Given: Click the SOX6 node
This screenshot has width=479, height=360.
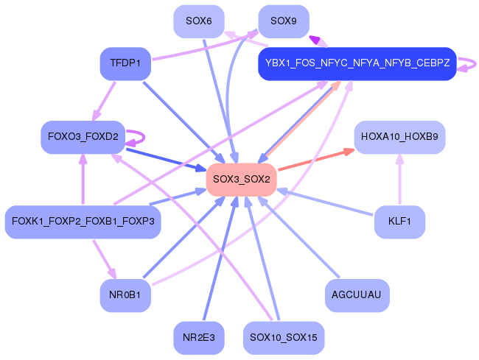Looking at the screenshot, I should [199, 21].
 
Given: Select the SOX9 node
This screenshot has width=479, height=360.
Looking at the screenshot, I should [284, 21].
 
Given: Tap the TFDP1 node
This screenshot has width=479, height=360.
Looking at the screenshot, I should [125, 63].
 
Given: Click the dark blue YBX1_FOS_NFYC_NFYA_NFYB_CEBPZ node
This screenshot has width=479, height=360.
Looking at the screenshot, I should [357, 64].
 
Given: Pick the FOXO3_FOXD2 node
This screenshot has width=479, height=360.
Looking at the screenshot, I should [83, 137].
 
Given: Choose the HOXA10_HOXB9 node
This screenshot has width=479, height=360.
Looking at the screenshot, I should [399, 137].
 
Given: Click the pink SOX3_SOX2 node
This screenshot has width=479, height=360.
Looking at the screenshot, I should [241, 179].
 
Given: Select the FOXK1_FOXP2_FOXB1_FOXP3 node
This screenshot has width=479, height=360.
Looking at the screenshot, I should [83, 222].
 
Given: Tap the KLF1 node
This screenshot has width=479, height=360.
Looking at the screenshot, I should [399, 222].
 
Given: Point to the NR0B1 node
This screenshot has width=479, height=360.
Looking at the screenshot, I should [125, 296].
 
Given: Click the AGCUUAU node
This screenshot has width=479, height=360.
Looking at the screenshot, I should [357, 296].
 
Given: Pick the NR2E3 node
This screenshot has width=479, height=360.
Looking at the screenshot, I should [199, 338].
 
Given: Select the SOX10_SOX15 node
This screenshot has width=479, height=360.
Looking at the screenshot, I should [284, 338].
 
